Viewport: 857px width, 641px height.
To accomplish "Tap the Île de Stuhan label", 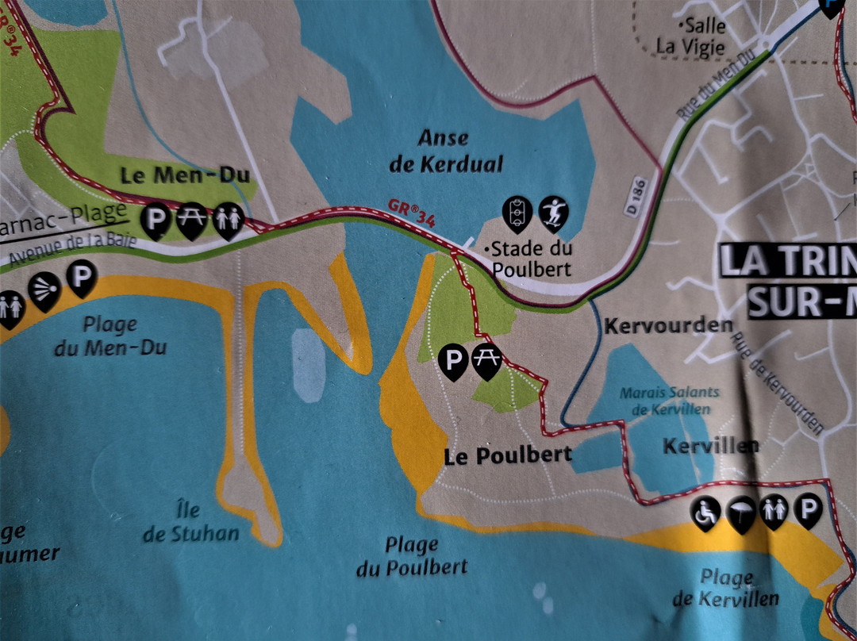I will tap(190, 523).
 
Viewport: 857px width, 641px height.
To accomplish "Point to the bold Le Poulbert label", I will tap(509, 455).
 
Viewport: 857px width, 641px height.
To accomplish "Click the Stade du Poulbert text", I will tap(531, 259).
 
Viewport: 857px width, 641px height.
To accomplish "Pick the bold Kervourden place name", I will tap(667, 325).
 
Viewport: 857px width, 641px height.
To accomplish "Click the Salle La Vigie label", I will tap(691, 36).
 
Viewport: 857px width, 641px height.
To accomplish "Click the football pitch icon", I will tap(517, 212).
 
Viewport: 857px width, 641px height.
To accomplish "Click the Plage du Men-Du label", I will tap(110, 335).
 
